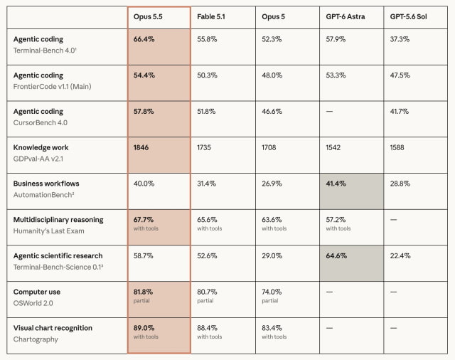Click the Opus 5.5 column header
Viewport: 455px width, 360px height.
148,17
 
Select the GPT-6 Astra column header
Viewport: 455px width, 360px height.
346,17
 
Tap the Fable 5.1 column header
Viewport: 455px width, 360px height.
211,17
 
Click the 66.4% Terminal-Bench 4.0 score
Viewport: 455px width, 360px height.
144,39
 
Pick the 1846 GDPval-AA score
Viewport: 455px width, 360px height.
141,147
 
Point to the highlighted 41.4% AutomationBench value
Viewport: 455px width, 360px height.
336,184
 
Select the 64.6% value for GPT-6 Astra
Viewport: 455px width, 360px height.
336,256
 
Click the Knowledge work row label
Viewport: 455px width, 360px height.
41,147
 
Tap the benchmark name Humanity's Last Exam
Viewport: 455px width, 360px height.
49,231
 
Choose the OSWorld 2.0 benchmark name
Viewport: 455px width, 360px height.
33,303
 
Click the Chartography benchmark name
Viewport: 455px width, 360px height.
36,339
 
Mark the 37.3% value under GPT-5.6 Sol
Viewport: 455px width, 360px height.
400,39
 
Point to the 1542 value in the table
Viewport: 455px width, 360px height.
333,147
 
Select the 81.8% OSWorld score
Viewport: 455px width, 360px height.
143,292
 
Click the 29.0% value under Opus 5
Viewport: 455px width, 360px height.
272,256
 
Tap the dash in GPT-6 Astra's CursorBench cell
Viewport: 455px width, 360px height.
329,112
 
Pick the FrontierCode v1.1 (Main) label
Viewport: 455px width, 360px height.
52,87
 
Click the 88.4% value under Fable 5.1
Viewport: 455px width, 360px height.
207,328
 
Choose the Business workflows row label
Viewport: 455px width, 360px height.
46,184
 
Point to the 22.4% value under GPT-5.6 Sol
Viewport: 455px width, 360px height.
400,256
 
